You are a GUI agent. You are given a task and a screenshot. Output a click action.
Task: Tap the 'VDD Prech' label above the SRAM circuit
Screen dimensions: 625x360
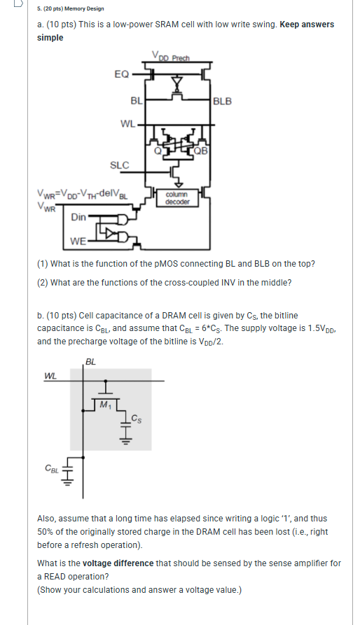pos(171,57)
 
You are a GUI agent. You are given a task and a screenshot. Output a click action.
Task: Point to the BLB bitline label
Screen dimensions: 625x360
pos(222,101)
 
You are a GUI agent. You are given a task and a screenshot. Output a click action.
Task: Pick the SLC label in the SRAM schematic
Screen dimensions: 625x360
pos(120,165)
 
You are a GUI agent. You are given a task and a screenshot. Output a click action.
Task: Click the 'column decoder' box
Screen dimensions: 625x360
pos(176,198)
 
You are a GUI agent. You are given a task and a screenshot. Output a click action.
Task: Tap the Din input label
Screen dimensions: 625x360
pos(79,218)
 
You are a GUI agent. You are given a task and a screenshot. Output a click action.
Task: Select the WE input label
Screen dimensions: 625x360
pos(78,241)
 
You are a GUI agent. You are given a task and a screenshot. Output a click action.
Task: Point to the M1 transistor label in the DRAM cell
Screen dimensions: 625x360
pos(106,405)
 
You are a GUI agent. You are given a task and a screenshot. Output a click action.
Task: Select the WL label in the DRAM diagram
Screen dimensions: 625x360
pos(50,375)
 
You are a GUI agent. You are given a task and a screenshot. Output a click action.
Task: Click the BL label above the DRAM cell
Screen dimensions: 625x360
pos(90,361)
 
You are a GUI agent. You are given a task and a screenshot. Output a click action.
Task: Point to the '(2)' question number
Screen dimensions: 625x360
pos(43,283)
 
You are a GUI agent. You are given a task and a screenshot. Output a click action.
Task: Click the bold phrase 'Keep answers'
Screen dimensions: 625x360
pos(307,24)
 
